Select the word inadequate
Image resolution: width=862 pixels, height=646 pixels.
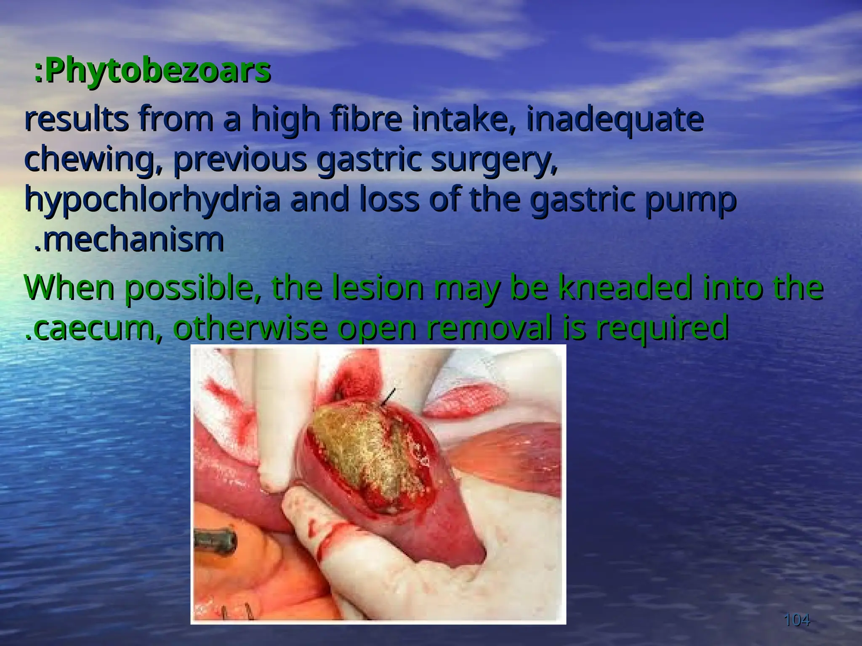[x=615, y=120]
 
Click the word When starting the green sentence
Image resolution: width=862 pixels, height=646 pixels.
[x=69, y=288]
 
